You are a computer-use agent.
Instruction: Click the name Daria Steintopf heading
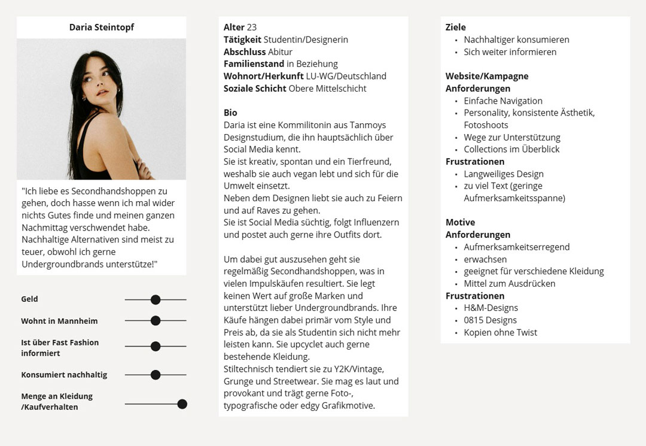(101, 28)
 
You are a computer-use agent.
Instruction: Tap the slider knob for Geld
(156, 299)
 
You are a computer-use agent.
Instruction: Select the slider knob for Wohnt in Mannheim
(156, 321)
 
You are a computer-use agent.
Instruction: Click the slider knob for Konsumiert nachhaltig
(156, 375)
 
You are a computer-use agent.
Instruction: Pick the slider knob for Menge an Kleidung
(182, 404)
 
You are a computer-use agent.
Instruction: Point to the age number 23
(252, 28)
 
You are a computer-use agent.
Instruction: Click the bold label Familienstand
(254, 64)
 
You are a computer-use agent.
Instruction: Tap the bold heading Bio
(230, 113)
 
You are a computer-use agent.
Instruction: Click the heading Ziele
(456, 28)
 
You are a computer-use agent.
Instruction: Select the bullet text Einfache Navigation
(503, 101)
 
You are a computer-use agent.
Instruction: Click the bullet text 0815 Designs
(490, 320)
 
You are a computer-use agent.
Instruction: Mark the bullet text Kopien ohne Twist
(500, 332)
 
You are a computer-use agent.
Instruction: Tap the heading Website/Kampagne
(487, 76)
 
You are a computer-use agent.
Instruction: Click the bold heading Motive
(460, 222)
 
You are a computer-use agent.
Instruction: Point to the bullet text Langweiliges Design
(504, 174)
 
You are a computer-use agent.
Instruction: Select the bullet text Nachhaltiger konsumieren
(516, 40)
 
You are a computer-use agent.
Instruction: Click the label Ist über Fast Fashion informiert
(60, 348)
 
